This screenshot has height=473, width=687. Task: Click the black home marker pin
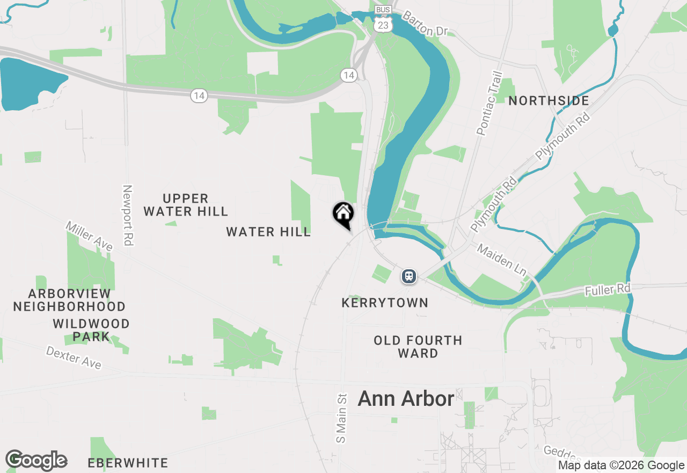click(343, 214)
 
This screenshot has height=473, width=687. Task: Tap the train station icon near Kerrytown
click(409, 277)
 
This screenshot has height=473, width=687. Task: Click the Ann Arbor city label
click(406, 399)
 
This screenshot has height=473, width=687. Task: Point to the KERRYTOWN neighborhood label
click(385, 303)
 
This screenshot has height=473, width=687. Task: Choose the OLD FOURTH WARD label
click(418, 347)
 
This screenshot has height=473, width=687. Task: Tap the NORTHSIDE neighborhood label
click(549, 101)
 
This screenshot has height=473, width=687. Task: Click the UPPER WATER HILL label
click(186, 205)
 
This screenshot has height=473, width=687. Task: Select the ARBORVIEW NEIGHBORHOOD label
click(69, 300)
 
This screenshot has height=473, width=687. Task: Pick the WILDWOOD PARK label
click(91, 330)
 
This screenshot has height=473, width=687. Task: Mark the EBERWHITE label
click(128, 463)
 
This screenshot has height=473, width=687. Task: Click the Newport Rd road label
click(127, 216)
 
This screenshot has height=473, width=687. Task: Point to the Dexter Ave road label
click(74, 357)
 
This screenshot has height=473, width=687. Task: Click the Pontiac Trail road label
click(490, 103)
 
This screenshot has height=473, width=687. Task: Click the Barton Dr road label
click(425, 24)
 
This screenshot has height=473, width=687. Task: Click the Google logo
click(36, 460)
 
